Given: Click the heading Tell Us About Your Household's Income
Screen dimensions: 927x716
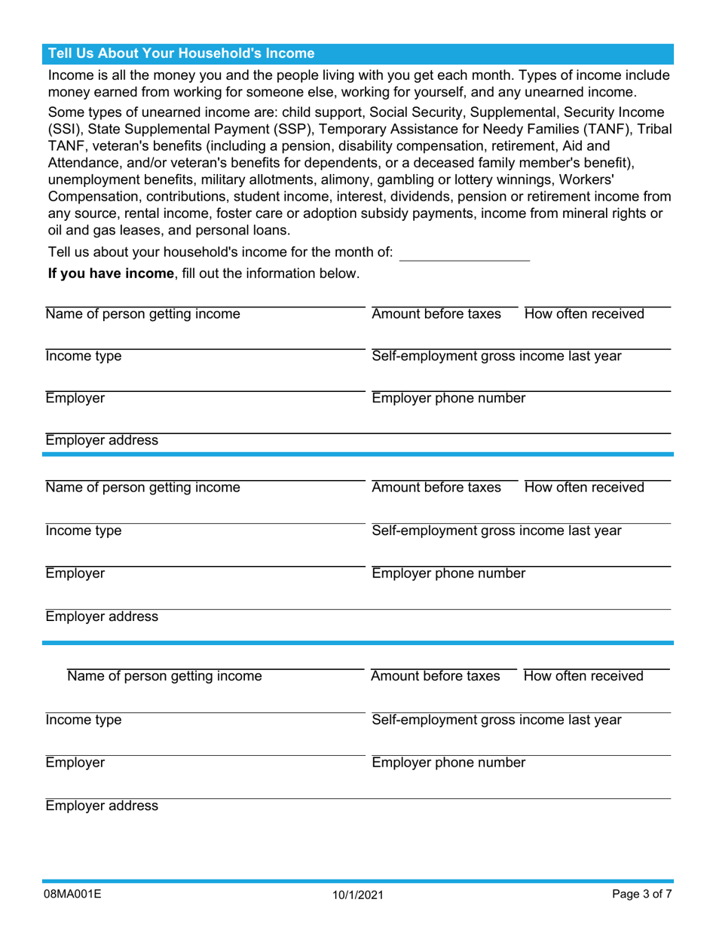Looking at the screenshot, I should click(181, 54).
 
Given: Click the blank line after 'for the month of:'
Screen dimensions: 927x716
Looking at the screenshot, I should click(464, 253).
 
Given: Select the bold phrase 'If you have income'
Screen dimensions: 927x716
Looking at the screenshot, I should click(111, 274).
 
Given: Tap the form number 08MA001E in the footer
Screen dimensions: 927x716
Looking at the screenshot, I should click(73, 895).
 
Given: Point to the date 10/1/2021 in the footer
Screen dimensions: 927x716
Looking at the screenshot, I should click(358, 895).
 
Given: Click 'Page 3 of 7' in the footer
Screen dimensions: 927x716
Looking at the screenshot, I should click(641, 895).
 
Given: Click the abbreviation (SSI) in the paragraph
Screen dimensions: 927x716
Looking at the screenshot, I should click(65, 129).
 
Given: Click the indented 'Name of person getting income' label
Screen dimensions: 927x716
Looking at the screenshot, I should click(164, 676).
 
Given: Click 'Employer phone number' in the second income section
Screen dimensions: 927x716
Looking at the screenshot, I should click(448, 574).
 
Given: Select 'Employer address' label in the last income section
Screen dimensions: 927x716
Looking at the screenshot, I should click(102, 806).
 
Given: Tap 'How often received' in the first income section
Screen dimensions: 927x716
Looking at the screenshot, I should click(584, 314).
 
